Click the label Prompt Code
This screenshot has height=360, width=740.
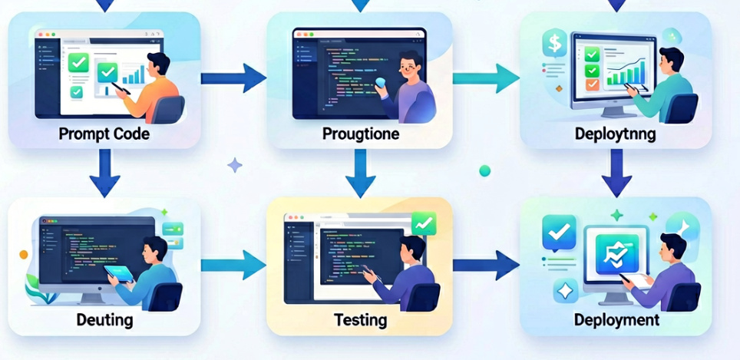tap(104, 134)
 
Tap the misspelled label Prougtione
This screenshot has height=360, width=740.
tap(361, 134)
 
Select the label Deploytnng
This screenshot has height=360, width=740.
tap(616, 134)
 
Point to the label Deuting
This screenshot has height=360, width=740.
tap(104, 319)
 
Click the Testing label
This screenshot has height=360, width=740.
tap(361, 320)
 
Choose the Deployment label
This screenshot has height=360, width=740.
tap(616, 319)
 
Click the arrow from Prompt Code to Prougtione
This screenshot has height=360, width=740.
tap(233, 78)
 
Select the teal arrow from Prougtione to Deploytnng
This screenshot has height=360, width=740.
tap(486, 78)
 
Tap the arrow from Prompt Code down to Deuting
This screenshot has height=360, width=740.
tap(104, 173)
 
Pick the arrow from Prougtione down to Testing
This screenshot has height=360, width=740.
tap(361, 173)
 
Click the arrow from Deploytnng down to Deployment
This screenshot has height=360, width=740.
tap(617, 173)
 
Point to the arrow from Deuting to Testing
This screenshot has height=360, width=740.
tap(233, 265)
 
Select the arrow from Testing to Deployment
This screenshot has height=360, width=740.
tap(486, 265)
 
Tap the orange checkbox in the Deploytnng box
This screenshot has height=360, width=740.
tap(592, 84)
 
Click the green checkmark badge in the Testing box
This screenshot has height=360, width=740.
tap(424, 223)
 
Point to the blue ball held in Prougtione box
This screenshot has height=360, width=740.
tap(380, 83)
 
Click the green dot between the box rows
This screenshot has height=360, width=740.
tap(484, 171)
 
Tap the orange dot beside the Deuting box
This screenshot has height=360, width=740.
tap(24, 255)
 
